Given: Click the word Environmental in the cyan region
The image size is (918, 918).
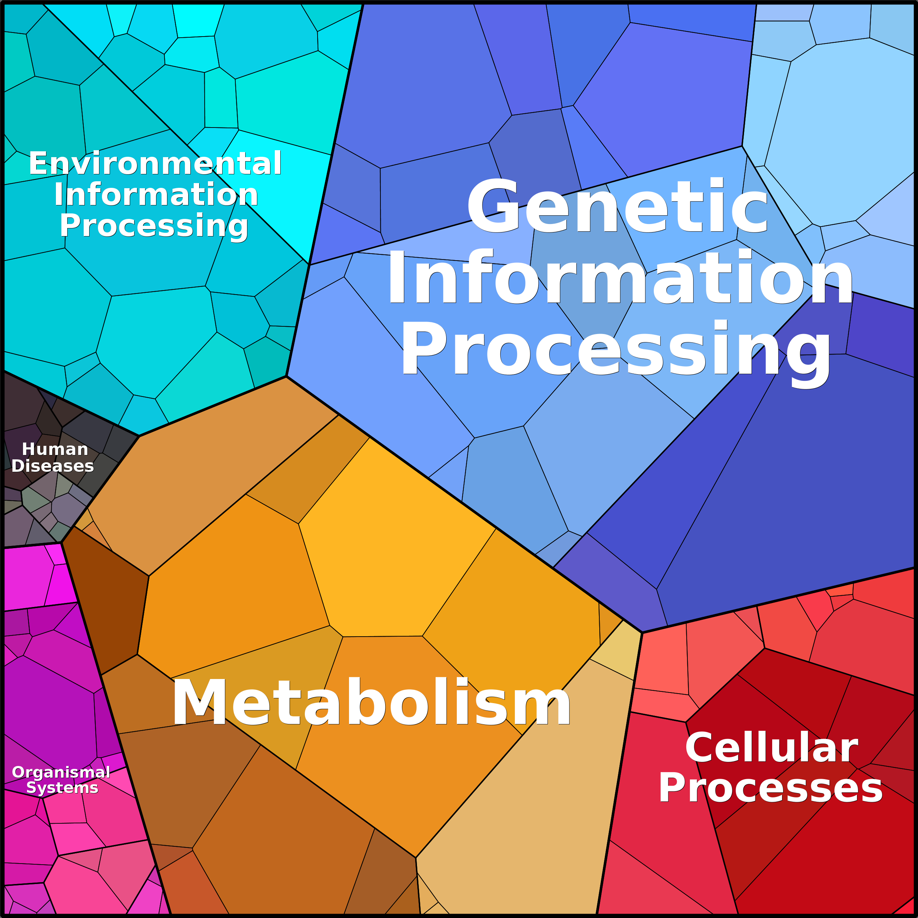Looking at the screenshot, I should pos(155,163).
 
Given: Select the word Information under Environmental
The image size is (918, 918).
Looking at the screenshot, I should pos(156,195).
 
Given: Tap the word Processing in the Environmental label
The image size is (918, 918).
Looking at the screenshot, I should pos(154,226).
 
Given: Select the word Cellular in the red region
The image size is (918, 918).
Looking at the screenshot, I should pos(771,747).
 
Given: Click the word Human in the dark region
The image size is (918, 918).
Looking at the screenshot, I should pos(55,449).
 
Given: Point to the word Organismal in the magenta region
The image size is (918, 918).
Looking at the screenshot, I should pos(61,773).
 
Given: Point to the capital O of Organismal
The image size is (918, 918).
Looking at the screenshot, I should pos(18,773).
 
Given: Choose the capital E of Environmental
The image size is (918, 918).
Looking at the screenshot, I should pos(38,163).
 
